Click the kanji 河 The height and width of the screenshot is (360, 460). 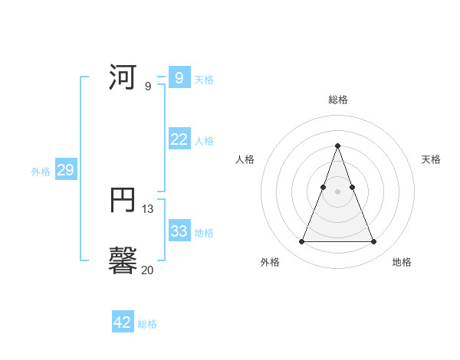point(123,78)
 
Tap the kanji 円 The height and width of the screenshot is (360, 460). point(123,200)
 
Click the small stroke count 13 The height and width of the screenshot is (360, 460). point(148,208)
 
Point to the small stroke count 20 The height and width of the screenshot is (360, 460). point(147,269)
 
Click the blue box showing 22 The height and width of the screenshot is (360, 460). point(179,139)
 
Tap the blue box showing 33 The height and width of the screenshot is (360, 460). point(179,231)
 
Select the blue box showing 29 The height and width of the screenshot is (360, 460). point(65,170)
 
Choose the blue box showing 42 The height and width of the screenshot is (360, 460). point(123,322)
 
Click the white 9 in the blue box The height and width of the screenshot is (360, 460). point(179,78)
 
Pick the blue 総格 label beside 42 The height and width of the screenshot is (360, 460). point(147,324)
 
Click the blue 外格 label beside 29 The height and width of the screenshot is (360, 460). point(41,172)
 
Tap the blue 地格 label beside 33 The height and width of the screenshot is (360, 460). point(204,233)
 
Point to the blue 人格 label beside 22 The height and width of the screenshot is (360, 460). point(204,141)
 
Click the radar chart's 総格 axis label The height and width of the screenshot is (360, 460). point(338,100)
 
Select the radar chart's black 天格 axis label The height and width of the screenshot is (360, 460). point(432,159)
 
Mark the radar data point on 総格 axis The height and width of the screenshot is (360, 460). point(337,146)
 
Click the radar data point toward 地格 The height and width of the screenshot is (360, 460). point(373,242)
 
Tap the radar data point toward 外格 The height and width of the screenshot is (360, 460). point(301,242)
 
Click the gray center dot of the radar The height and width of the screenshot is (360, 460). point(337,192)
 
